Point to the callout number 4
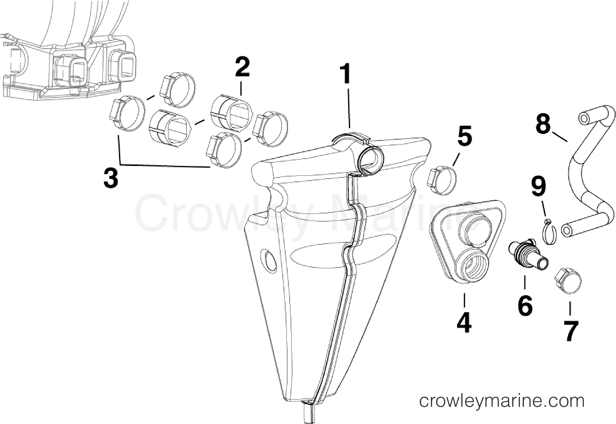pos(464,323)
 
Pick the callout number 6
pos(525,306)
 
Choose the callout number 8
pos(543,124)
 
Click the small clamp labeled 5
pos(442,181)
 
